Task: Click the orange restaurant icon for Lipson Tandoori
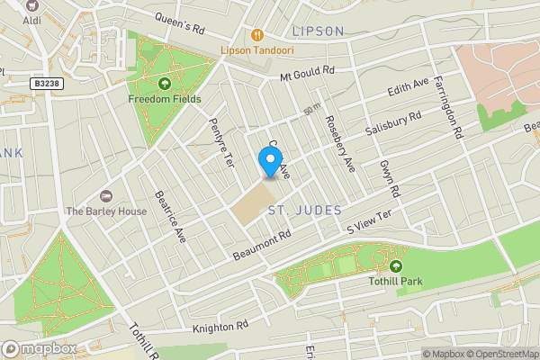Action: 257,34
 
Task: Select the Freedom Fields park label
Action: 164,99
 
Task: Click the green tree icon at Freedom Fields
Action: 164,85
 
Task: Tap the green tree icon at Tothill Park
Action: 395,265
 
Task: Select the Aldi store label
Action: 31,19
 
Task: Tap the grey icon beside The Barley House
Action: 106,196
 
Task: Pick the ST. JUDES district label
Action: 305,210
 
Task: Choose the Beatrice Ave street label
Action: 169,216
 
